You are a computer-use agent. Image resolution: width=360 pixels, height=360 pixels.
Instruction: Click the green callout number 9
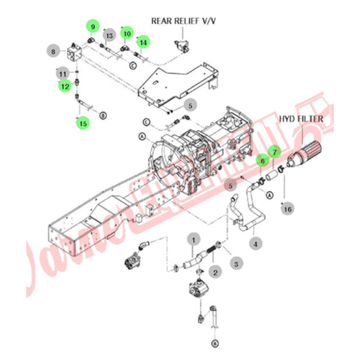(x=92, y=27)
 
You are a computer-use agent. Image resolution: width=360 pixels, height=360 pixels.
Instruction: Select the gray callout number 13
(x=109, y=35)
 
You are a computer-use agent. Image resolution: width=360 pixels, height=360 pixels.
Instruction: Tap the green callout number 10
(x=127, y=33)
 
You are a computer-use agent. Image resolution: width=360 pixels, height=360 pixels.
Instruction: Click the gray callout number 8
(x=53, y=52)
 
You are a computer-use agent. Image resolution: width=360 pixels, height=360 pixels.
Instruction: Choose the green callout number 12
(x=65, y=86)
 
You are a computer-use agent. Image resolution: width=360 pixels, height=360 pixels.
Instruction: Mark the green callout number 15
(x=82, y=123)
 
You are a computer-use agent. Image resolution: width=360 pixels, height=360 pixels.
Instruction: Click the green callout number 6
(x=262, y=161)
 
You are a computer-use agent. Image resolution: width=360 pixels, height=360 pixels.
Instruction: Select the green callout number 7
(x=274, y=152)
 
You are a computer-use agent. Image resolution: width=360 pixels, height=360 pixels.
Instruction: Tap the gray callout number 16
(x=286, y=209)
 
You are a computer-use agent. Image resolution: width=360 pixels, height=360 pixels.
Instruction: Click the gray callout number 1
(x=194, y=239)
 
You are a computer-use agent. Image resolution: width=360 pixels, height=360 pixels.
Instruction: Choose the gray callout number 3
(x=236, y=263)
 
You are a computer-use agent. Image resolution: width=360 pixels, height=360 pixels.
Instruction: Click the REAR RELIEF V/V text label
(x=183, y=21)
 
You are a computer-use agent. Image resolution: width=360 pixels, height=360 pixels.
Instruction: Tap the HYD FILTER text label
(x=302, y=119)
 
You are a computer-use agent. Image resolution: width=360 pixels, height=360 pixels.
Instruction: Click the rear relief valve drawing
(x=181, y=45)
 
